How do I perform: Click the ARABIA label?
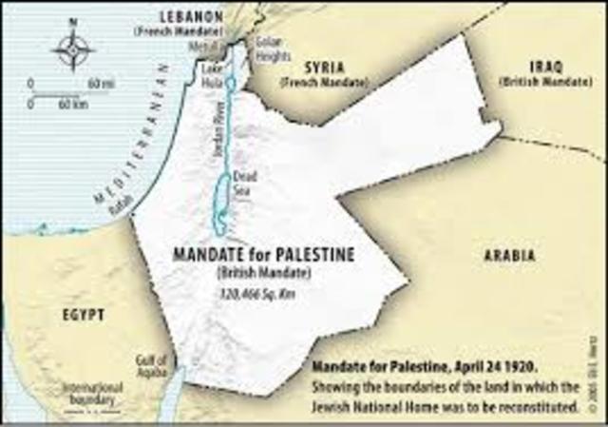pyautogui.click(x=509, y=256)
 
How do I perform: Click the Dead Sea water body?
pyautogui.click(x=222, y=204)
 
